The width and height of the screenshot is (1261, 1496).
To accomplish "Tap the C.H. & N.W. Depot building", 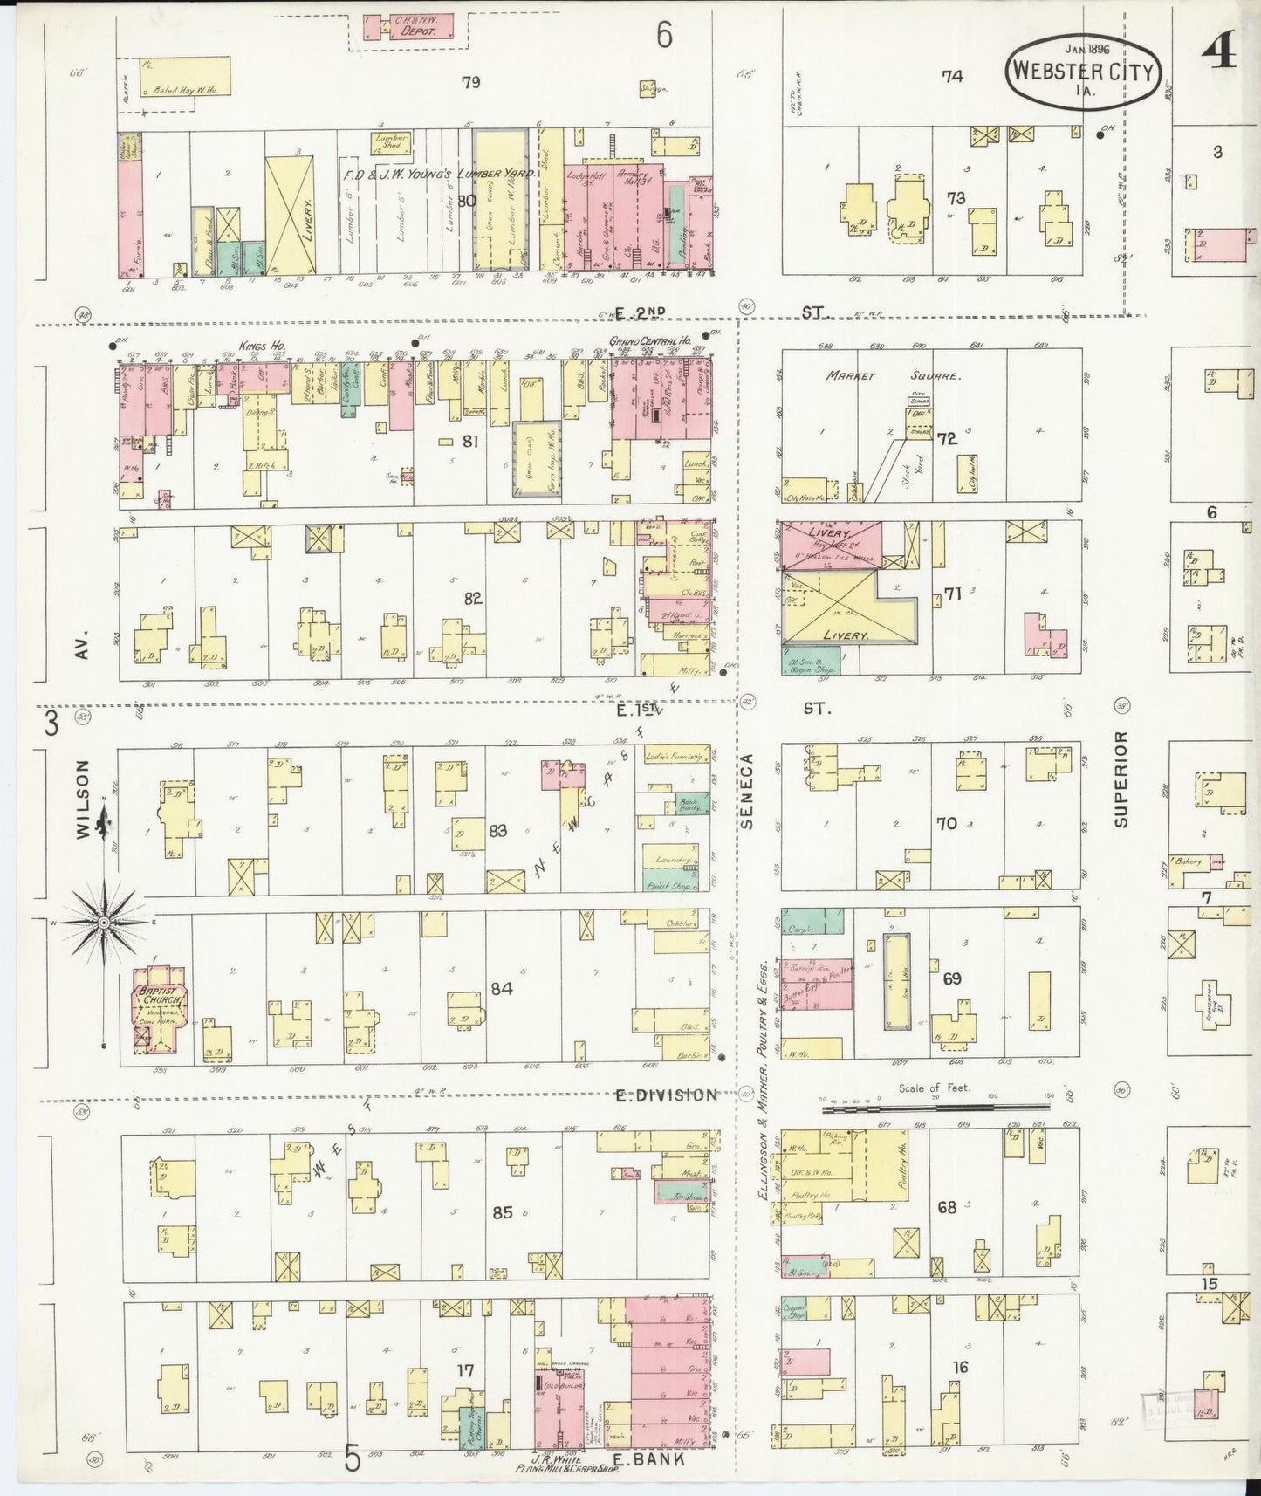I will (x=408, y=25).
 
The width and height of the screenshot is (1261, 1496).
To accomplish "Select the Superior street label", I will (x=1122, y=779).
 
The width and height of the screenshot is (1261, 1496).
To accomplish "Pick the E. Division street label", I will (x=666, y=1095).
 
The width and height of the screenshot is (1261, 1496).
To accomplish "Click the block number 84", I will (x=501, y=989).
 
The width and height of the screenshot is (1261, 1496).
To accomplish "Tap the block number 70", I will (x=948, y=823).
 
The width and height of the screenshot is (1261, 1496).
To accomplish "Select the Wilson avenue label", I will (x=84, y=799).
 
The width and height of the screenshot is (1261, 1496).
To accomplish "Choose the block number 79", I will (x=470, y=83).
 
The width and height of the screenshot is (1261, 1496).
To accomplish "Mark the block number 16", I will (x=960, y=1367).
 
